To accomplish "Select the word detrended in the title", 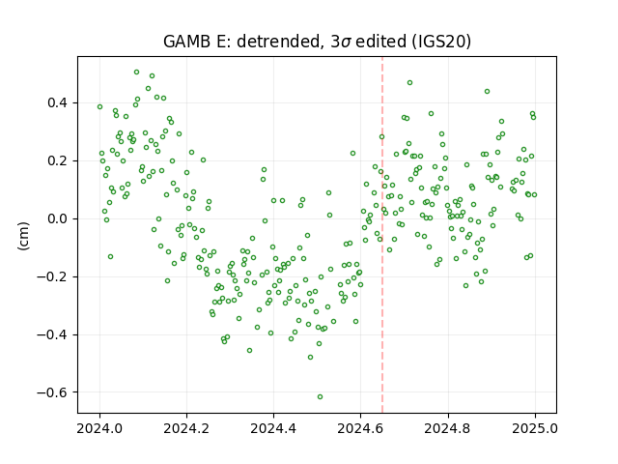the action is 277,42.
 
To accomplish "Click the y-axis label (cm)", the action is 23,236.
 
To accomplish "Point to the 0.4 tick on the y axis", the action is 58,103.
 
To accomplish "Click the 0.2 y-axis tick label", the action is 58,161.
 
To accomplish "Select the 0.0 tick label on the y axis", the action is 58,219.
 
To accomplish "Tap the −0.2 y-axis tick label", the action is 52,277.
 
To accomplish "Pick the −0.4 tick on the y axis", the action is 52,335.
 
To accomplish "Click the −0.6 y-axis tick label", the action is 52,392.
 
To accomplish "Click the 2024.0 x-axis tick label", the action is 99,428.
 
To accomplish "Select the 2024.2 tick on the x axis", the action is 186,428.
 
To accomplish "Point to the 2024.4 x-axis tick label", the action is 273,428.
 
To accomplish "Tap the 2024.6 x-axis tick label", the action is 360,428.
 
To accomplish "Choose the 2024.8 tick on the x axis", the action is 447,428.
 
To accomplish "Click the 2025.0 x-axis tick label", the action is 535,428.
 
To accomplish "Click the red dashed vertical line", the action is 382,235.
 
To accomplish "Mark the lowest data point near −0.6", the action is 320,397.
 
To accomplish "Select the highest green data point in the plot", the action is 136,72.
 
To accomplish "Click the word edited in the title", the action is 380,42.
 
